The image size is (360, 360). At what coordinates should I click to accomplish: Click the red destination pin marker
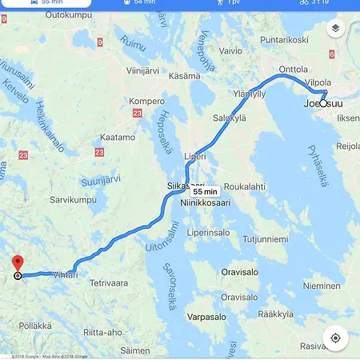click(x=18, y=263)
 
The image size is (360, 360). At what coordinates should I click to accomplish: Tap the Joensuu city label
click(x=323, y=104)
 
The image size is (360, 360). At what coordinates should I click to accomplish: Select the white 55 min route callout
click(x=206, y=192)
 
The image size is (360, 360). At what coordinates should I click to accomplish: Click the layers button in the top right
click(x=335, y=28)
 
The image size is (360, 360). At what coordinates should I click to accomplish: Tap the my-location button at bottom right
click(x=335, y=338)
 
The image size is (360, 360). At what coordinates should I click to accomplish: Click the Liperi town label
click(x=195, y=155)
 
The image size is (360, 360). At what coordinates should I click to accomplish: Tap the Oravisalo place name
click(x=240, y=271)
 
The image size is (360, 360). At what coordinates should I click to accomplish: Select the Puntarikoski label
click(x=284, y=39)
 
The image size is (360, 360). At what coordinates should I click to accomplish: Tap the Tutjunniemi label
click(x=266, y=239)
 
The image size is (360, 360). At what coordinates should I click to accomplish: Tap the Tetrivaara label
click(x=109, y=283)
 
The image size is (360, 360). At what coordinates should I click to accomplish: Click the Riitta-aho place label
click(x=102, y=333)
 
